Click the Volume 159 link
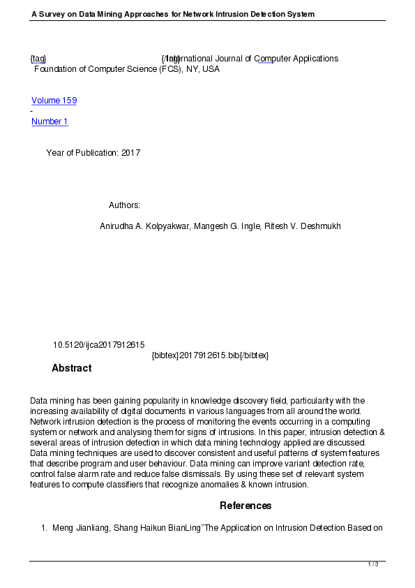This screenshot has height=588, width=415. point(54,101)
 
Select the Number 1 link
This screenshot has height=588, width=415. point(50,122)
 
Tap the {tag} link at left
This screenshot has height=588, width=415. point(38,59)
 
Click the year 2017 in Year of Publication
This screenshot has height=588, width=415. point(130,153)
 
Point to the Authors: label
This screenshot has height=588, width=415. point(124,205)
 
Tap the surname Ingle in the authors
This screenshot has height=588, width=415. point(249,226)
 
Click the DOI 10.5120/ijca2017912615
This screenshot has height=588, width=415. point(98,345)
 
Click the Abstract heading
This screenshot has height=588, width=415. point(71,368)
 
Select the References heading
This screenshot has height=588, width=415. point(246,506)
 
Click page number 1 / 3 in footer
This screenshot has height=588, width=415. point(373,564)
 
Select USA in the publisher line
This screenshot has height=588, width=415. point(211,69)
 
